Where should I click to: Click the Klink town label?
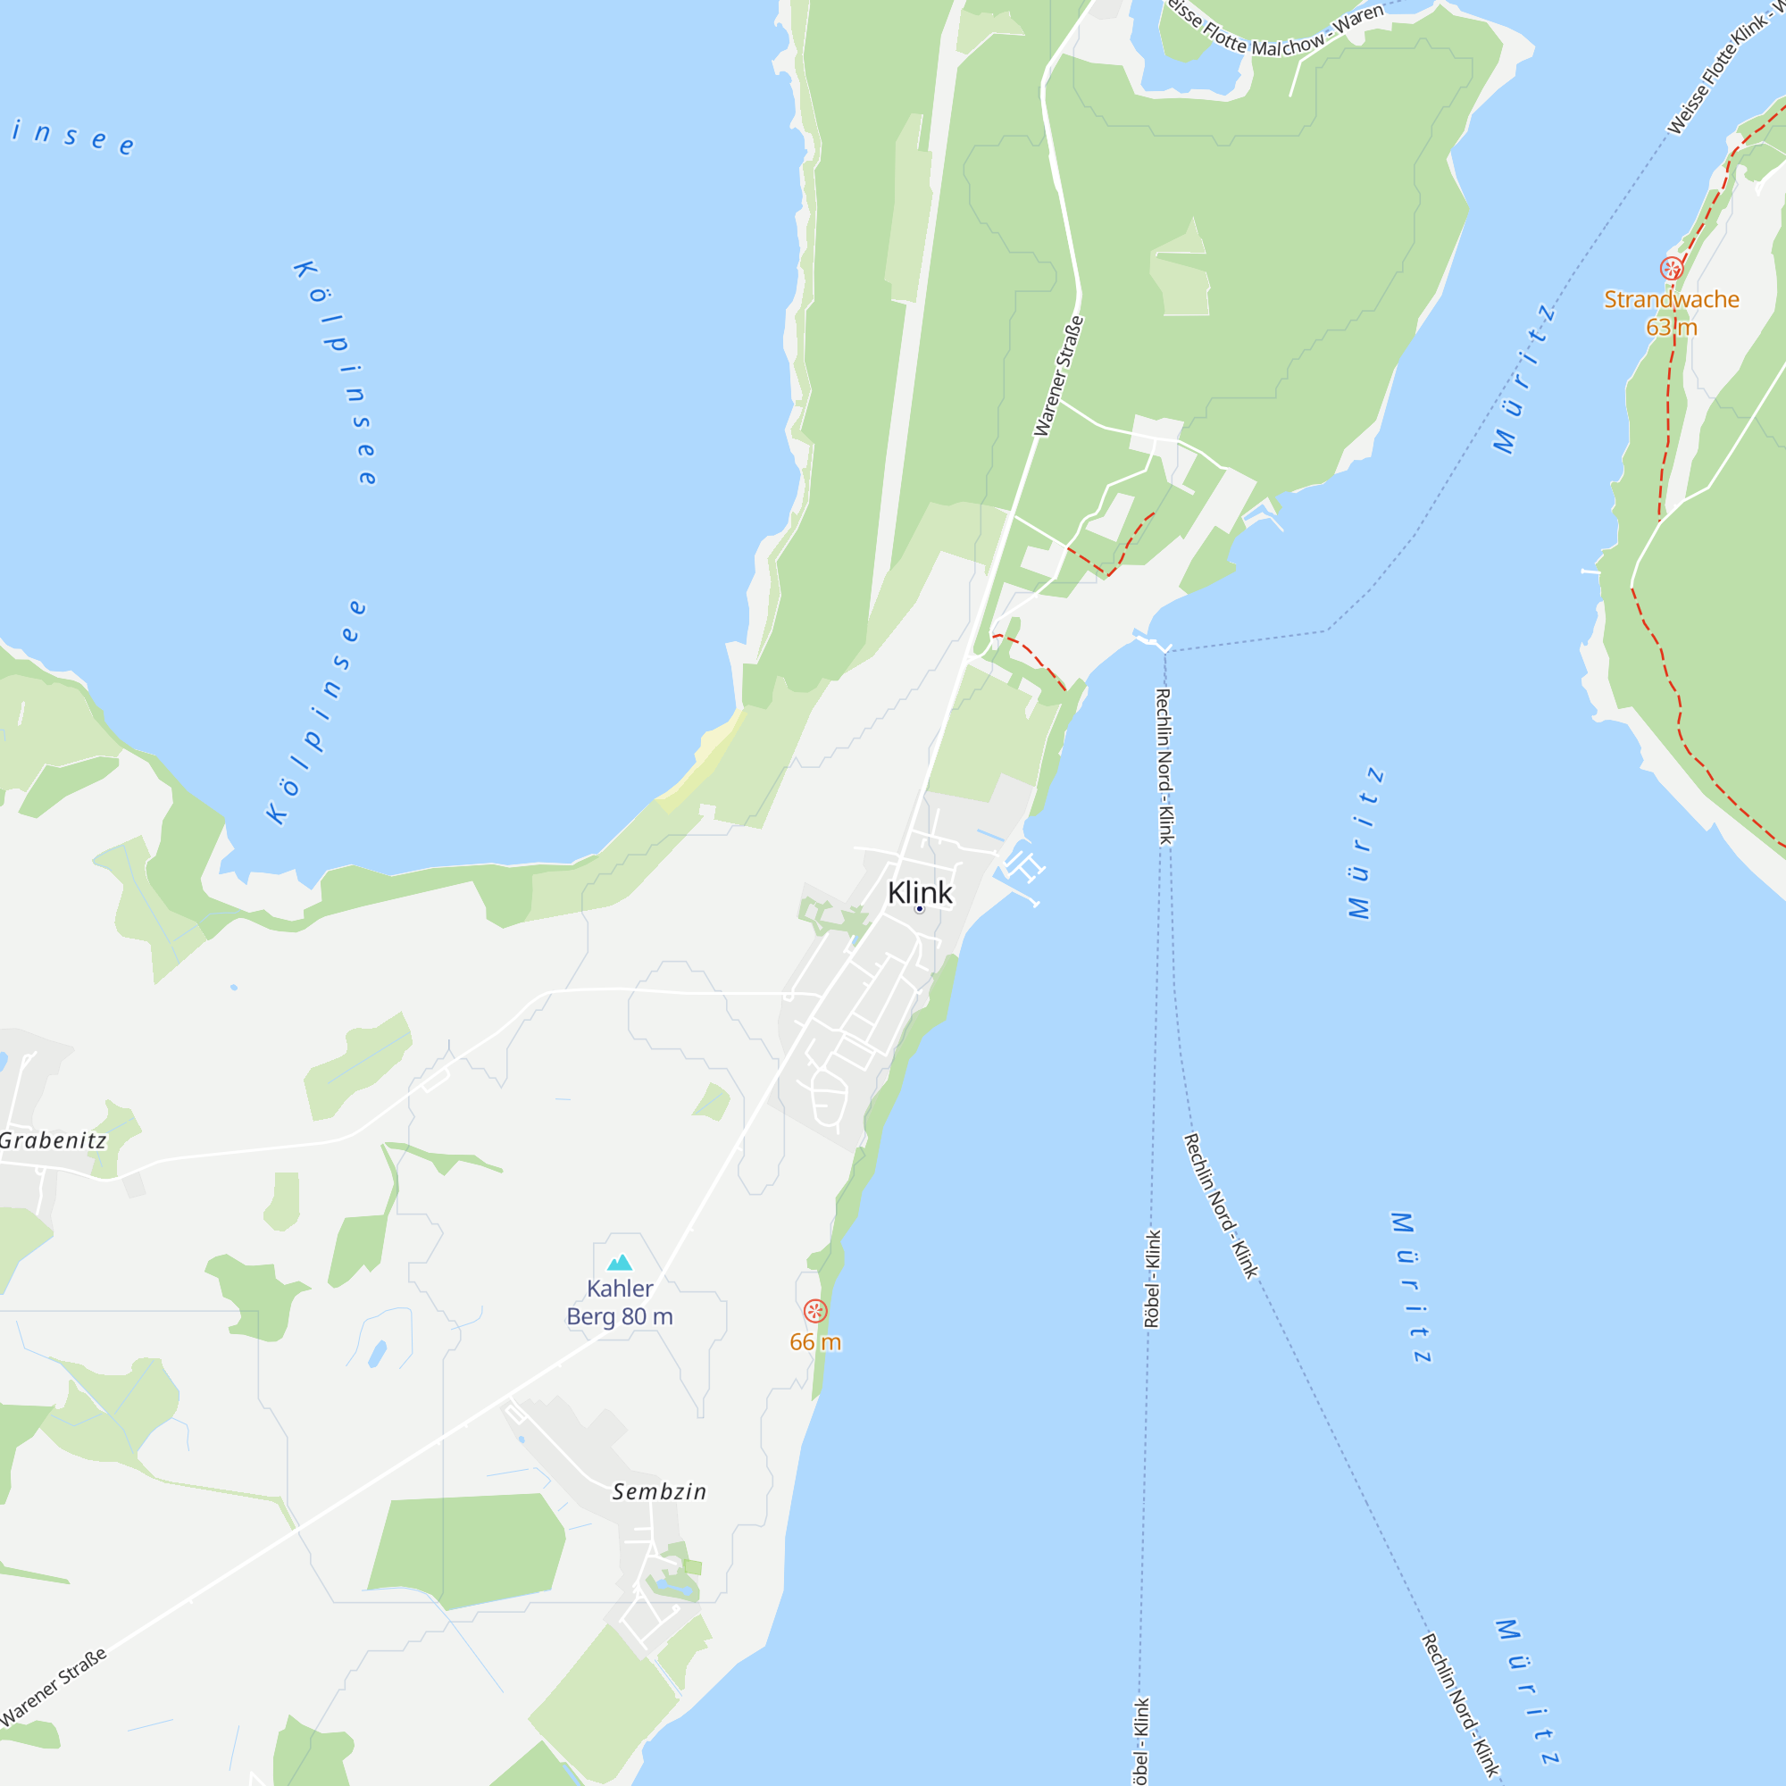(x=919, y=892)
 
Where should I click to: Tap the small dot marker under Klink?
(x=920, y=909)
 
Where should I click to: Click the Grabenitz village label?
(x=53, y=1140)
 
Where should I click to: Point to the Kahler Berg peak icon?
(x=620, y=1263)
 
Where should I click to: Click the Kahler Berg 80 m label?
(x=620, y=1303)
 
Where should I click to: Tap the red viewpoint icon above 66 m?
(x=814, y=1310)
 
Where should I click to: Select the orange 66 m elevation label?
(x=815, y=1342)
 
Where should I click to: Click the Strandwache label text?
(x=1672, y=299)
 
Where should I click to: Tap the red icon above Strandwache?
(x=1672, y=269)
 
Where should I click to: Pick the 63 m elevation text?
(x=1672, y=327)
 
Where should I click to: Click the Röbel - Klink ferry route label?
(x=1153, y=1279)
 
